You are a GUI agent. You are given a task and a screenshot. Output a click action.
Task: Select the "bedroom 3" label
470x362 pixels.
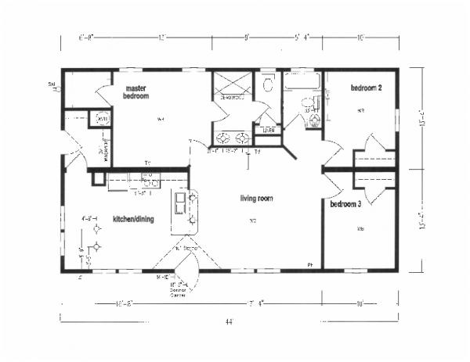345,205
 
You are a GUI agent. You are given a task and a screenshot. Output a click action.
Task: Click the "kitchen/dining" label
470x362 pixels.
132,220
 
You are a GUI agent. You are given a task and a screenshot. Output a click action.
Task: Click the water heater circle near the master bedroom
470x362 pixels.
100,119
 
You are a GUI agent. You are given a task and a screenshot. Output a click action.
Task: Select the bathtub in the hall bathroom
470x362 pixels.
302,81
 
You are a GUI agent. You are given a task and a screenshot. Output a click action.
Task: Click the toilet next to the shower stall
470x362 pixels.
268,84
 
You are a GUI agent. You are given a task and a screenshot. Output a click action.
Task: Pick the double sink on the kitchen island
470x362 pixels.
179,203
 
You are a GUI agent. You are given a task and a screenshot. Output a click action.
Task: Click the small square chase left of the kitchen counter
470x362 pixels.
97,178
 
